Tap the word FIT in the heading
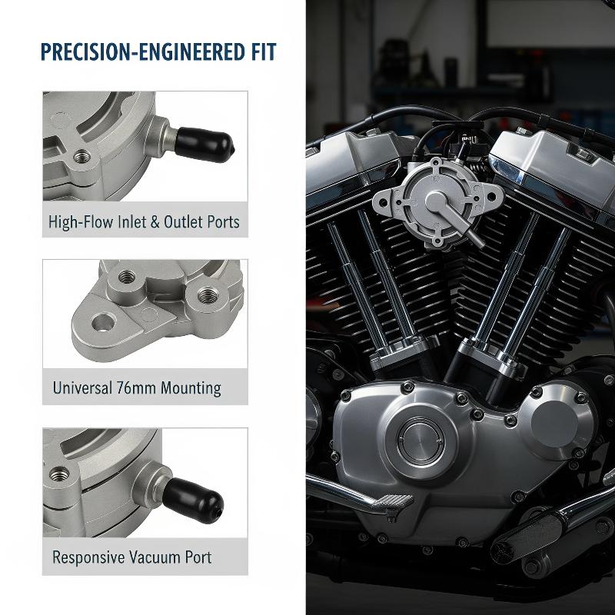[264, 52]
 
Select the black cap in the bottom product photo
[193, 500]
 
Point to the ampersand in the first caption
[155, 222]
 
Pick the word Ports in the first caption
[223, 222]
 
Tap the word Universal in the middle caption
[82, 388]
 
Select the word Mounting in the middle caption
[191, 388]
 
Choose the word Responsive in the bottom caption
[88, 558]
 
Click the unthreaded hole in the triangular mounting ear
[104, 322]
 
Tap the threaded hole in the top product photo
[82, 157]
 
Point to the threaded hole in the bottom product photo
[60, 474]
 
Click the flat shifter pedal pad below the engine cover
[393, 502]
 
